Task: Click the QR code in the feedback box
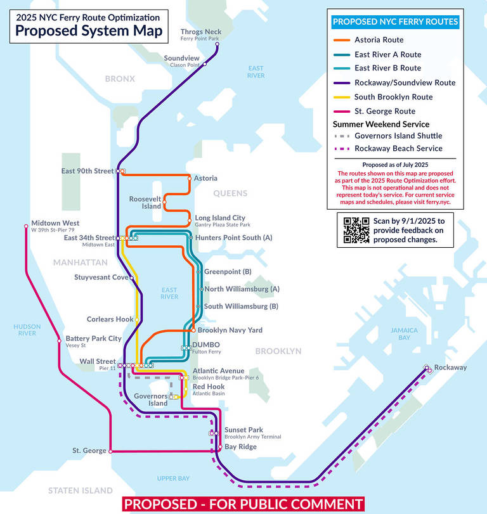coord(356,230)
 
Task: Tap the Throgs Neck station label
coord(201,32)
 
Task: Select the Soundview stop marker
coord(204,64)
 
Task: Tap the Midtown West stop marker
coord(26,226)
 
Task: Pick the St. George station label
coord(89,451)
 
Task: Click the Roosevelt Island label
coord(145,202)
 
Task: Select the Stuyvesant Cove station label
coord(101,277)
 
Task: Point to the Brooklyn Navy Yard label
coord(230,330)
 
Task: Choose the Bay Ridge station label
coord(240,447)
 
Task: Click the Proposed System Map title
coord(88,30)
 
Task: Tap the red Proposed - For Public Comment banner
coord(243,504)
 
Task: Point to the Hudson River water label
coord(27,330)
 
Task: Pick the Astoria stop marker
coord(190,179)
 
